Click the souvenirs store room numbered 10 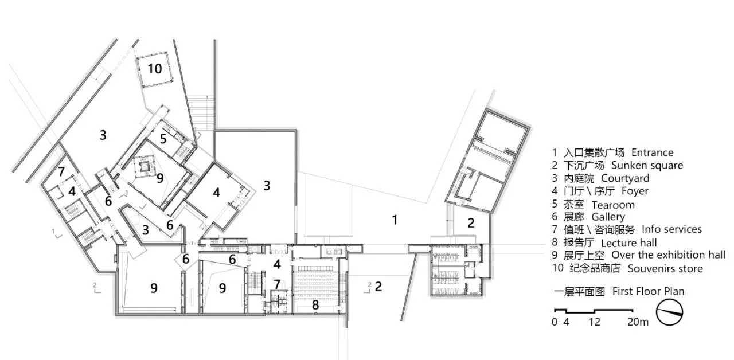154,69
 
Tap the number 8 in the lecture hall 315,305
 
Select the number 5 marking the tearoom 163,139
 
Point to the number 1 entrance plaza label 395,220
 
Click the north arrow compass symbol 669,312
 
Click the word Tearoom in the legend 613,205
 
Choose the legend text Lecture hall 629,242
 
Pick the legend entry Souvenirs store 665,269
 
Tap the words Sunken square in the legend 647,166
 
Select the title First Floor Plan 649,291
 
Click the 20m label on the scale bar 638,322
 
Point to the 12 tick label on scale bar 595,322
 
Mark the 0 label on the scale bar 554,322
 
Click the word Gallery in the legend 608,217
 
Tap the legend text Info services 671,229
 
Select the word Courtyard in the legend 625,178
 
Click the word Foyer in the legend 635,191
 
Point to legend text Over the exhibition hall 669,255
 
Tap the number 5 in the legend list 555,204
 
